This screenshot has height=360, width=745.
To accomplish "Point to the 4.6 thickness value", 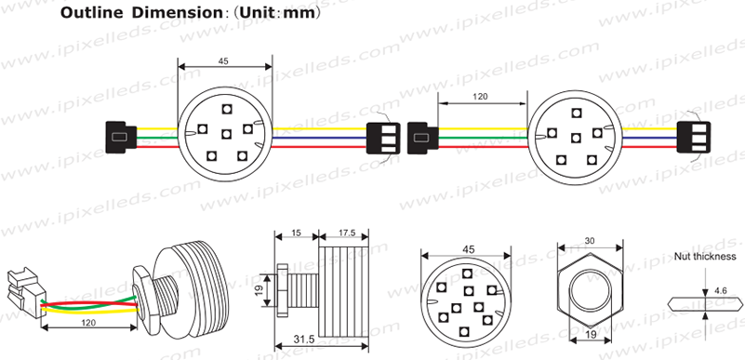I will coord(720,290).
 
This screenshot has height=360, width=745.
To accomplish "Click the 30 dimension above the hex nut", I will coord(589,240).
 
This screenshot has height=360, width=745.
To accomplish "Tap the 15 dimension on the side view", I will coord(295,232).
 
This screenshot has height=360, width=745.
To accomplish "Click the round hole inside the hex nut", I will coord(590,289).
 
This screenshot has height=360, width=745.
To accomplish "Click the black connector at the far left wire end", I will coord(118,138).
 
